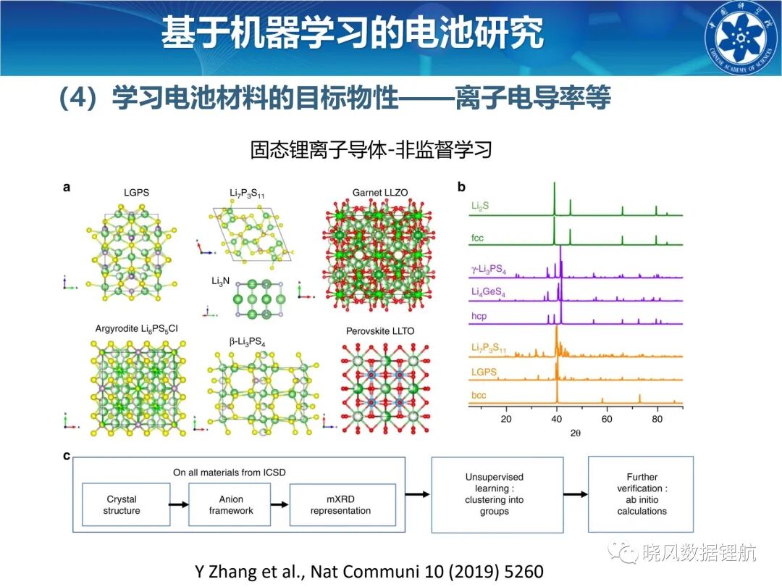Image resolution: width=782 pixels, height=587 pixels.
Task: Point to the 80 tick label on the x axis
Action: [657, 419]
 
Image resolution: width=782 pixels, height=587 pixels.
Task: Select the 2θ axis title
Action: [576, 433]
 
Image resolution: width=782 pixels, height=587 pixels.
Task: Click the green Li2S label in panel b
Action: [480, 206]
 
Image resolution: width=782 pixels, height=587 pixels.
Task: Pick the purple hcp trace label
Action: [479, 316]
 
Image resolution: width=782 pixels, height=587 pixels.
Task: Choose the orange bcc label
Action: [479, 396]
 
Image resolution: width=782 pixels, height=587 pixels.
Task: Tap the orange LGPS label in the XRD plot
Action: [484, 372]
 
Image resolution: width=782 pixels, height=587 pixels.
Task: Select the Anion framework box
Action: [230, 504]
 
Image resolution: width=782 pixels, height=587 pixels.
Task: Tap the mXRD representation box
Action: [342, 504]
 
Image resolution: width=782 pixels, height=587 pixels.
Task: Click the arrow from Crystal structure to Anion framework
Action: [179, 504]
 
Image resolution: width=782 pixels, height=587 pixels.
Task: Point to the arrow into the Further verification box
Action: [576, 494]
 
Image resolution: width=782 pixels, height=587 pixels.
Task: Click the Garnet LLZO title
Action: [380, 193]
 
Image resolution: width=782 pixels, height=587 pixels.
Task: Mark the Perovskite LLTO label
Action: [380, 331]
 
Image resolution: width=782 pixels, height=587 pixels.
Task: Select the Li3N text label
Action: [220, 281]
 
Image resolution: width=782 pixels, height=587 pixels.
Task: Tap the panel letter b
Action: [461, 187]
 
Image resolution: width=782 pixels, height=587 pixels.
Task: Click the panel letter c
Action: [67, 456]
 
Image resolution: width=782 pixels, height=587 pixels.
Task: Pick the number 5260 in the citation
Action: [524, 571]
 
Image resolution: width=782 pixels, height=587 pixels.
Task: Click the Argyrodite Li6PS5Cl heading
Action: [137, 329]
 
